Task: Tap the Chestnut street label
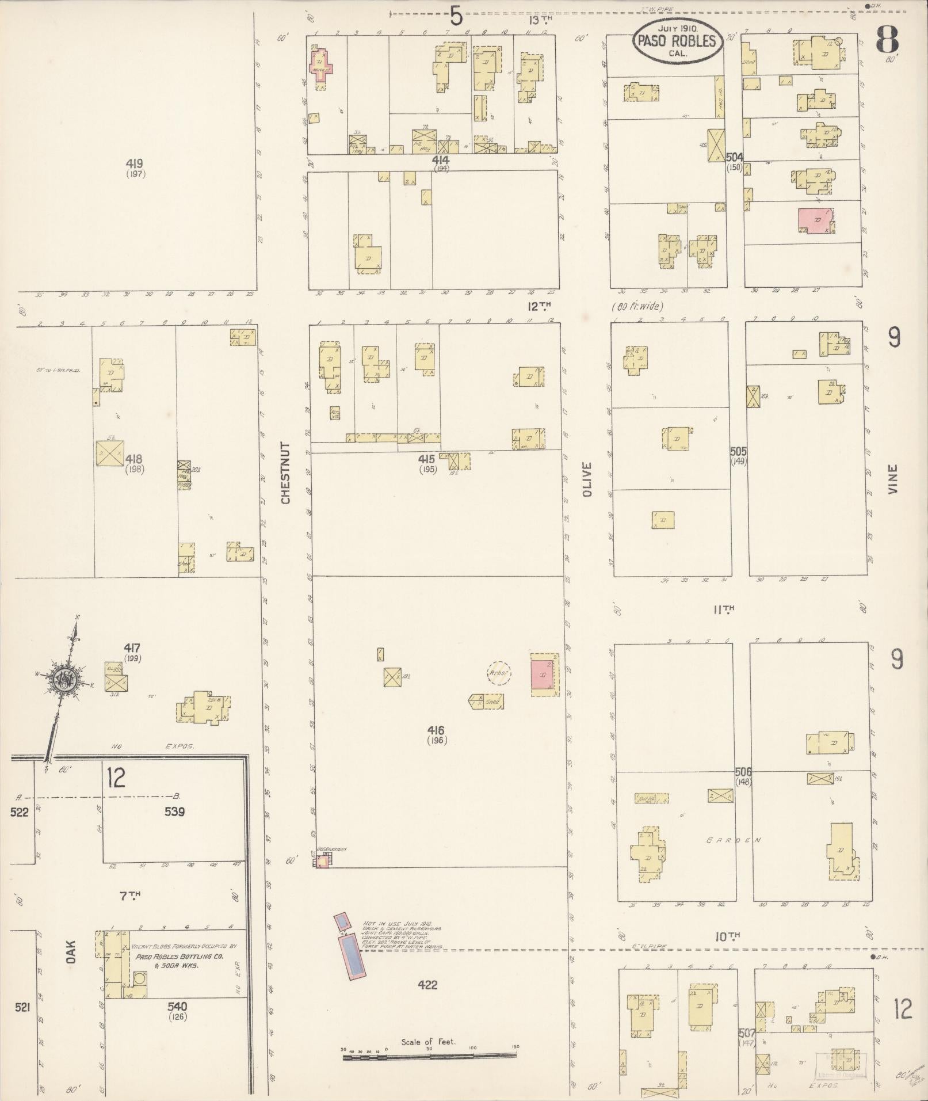(286, 473)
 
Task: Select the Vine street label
(892, 479)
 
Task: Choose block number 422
(428, 985)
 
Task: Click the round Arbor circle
(499, 673)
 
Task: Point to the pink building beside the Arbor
(543, 675)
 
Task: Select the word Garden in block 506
(734, 840)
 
